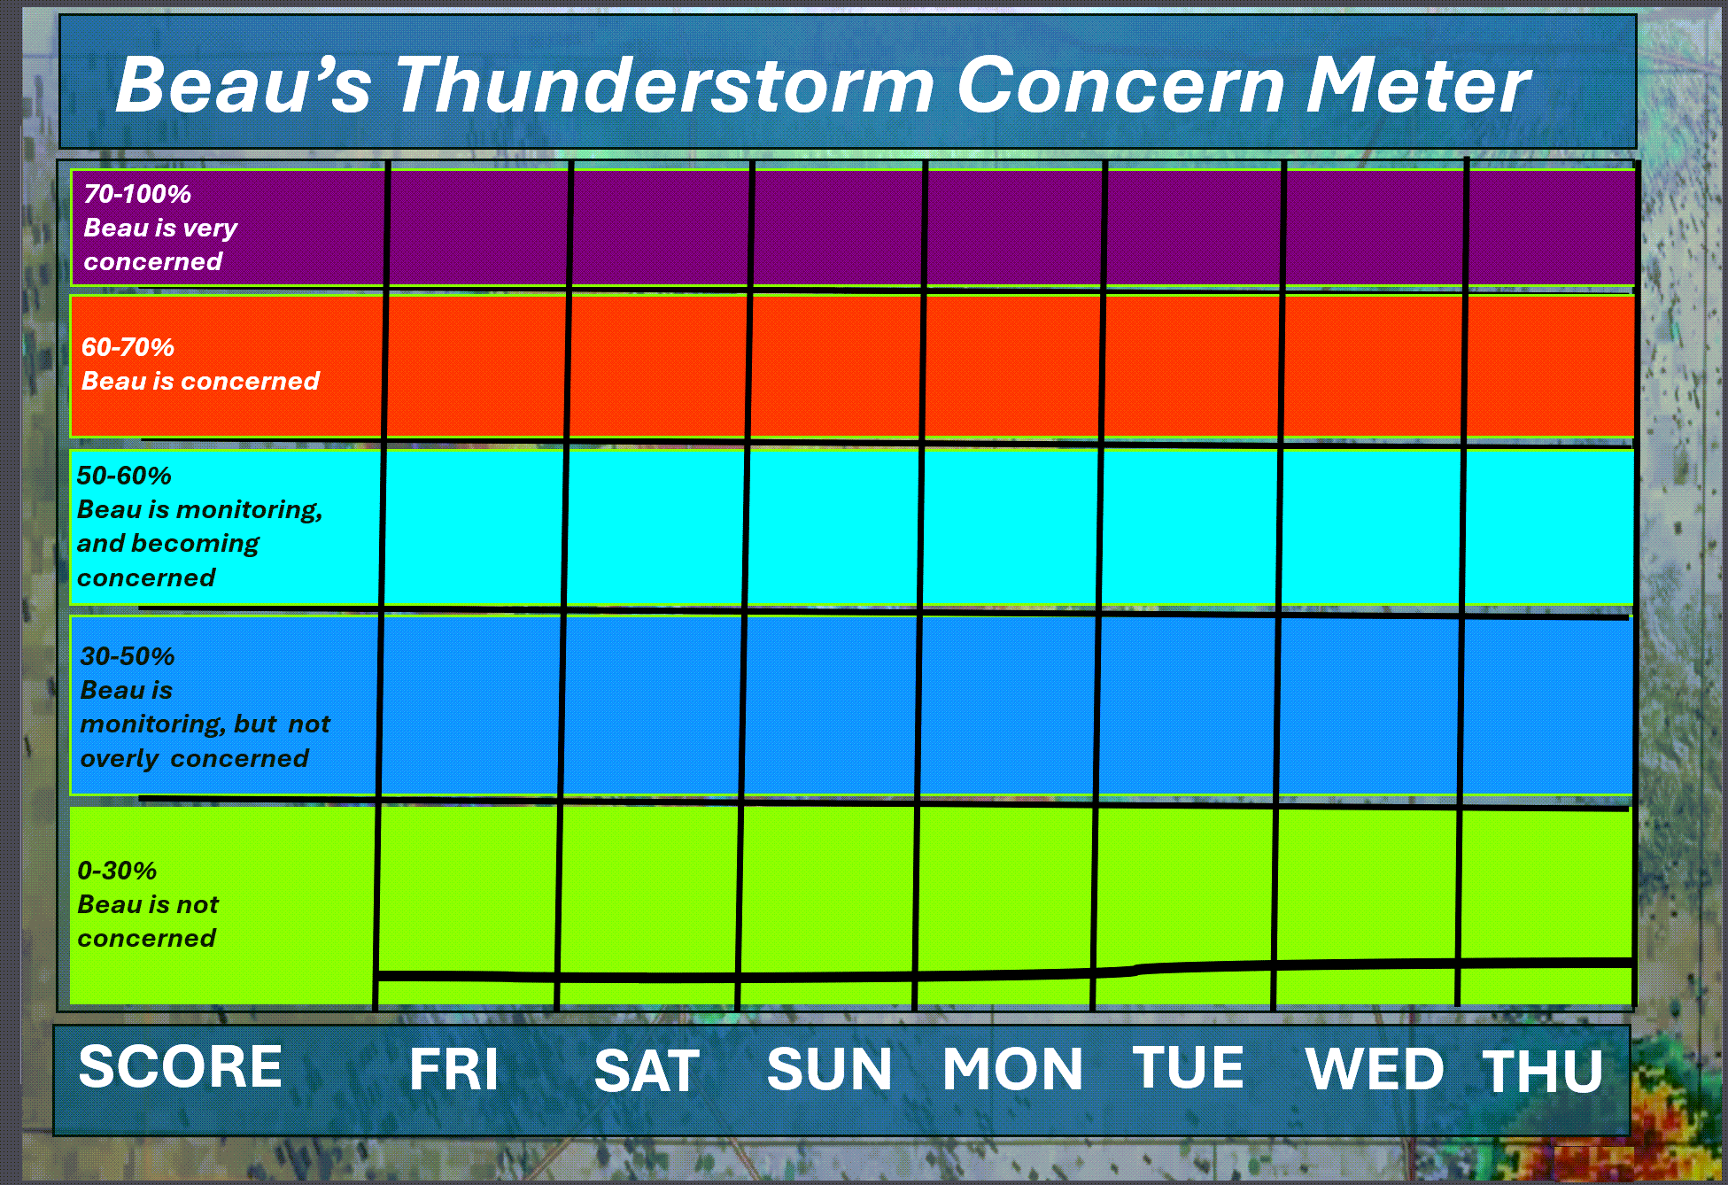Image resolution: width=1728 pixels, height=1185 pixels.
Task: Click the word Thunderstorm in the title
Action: (664, 86)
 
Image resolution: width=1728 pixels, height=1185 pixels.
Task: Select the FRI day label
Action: (453, 1069)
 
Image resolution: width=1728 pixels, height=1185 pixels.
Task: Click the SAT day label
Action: (647, 1071)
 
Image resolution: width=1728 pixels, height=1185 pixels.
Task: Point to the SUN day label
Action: (829, 1069)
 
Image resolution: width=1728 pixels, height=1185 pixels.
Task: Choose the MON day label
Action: (1012, 1069)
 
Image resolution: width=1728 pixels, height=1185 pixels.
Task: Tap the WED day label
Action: (1375, 1069)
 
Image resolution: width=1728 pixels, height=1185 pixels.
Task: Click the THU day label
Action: (1543, 1072)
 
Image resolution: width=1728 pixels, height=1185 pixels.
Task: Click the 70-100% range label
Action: (137, 194)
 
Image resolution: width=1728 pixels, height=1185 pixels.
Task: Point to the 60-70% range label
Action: (128, 347)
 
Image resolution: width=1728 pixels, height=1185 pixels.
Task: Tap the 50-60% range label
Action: (124, 476)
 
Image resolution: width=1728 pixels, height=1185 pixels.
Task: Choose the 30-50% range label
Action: (128, 656)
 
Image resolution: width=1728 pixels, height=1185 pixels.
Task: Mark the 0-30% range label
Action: (117, 871)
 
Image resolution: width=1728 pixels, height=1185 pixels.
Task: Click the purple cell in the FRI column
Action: (478, 228)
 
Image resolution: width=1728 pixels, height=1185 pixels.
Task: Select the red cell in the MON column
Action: (1012, 367)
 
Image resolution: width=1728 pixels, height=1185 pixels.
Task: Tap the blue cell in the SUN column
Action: (831, 706)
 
